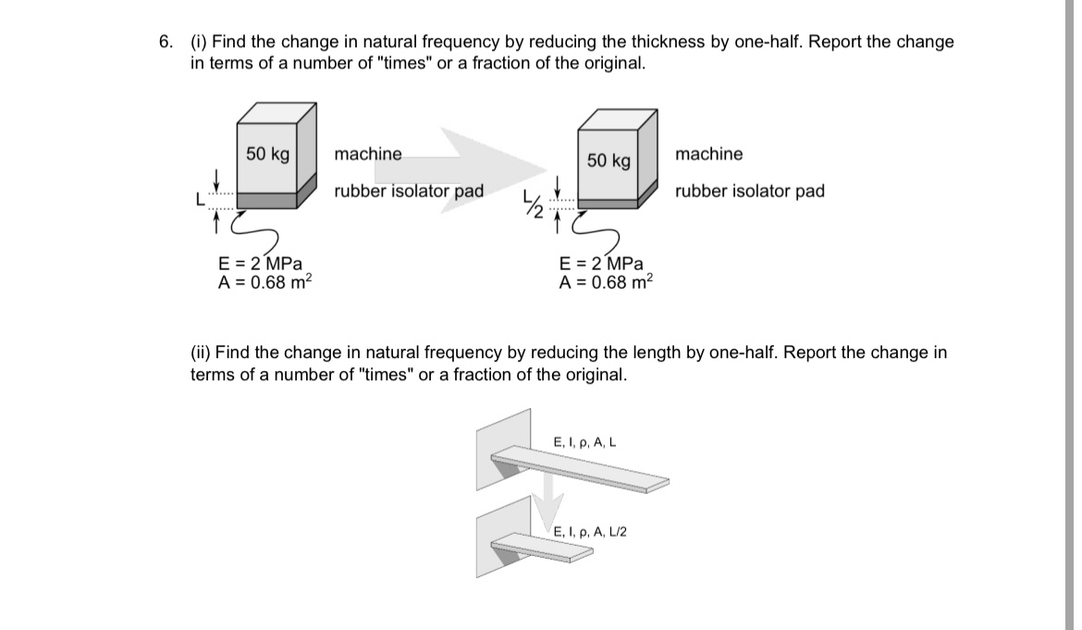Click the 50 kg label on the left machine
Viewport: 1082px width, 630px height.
point(267,154)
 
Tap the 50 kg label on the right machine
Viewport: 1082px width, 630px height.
point(609,161)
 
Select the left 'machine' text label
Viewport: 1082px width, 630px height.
point(368,154)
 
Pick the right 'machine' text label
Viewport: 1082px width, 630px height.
point(708,154)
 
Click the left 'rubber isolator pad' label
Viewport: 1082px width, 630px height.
point(409,191)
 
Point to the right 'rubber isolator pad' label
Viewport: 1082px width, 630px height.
point(749,191)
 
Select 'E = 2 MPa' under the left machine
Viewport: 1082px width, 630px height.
point(260,264)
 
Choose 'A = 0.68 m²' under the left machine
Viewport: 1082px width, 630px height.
point(264,282)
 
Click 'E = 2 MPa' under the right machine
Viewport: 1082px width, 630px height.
point(601,264)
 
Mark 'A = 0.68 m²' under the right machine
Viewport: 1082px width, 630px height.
point(606,282)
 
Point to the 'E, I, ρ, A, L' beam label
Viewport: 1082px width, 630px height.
point(584,442)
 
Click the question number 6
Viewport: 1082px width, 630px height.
point(165,42)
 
